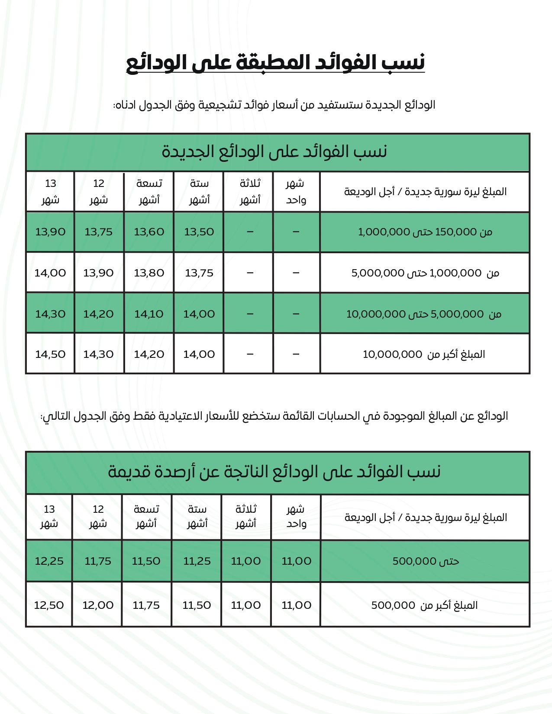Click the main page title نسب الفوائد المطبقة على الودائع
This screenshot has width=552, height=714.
(x=275, y=62)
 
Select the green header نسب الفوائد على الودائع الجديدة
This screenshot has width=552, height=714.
(x=274, y=152)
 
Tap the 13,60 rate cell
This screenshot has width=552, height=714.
(x=149, y=232)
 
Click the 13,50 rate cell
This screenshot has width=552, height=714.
(x=199, y=232)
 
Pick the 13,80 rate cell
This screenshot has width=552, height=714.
(x=149, y=273)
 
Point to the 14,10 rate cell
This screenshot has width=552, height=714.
(x=149, y=314)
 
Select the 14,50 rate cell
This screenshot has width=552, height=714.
(x=50, y=354)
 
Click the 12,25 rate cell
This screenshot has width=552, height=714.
(x=49, y=561)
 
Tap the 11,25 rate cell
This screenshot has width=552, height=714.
(x=197, y=561)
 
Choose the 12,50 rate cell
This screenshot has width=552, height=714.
(x=49, y=605)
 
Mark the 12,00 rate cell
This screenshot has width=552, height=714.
(x=98, y=605)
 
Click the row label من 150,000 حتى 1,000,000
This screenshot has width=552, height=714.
(x=425, y=232)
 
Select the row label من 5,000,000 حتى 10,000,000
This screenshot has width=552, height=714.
(x=424, y=314)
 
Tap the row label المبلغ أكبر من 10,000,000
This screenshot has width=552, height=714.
(x=424, y=354)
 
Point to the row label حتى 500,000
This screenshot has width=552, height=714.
(x=426, y=561)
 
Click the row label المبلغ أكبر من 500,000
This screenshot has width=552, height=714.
(x=425, y=605)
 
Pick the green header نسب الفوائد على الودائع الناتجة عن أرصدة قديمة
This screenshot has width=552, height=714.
(x=274, y=472)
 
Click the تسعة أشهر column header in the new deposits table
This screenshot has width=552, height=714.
(x=149, y=192)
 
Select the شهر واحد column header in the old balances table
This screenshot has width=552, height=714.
(x=296, y=517)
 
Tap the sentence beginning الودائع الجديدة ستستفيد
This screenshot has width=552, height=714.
(x=274, y=105)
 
